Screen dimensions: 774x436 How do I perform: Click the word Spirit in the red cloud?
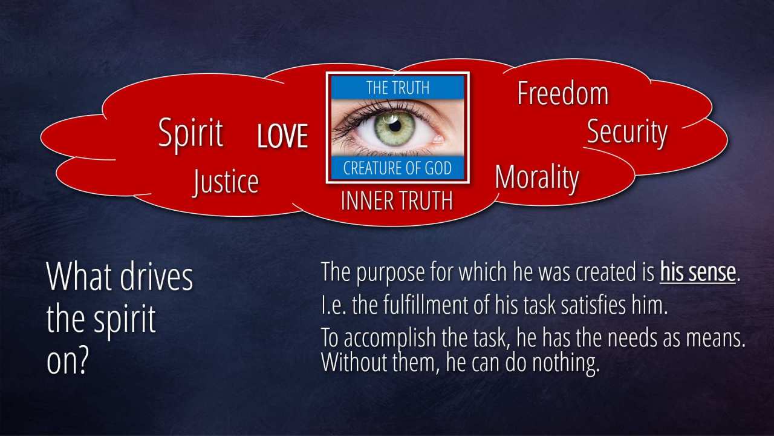click(190, 134)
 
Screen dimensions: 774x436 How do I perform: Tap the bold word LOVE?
click(282, 136)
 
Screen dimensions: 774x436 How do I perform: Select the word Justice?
click(226, 182)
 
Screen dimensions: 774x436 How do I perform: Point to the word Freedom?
click(563, 93)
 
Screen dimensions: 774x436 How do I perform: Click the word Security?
click(627, 133)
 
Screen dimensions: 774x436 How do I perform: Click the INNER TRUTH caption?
click(397, 200)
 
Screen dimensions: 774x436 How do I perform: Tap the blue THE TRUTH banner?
click(398, 88)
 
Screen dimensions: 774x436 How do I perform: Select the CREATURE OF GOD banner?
click(398, 168)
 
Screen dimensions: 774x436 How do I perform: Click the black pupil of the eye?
click(395, 126)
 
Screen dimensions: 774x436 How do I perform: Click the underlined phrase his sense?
click(698, 272)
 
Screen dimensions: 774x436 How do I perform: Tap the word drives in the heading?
click(157, 277)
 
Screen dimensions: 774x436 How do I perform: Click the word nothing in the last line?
click(565, 363)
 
